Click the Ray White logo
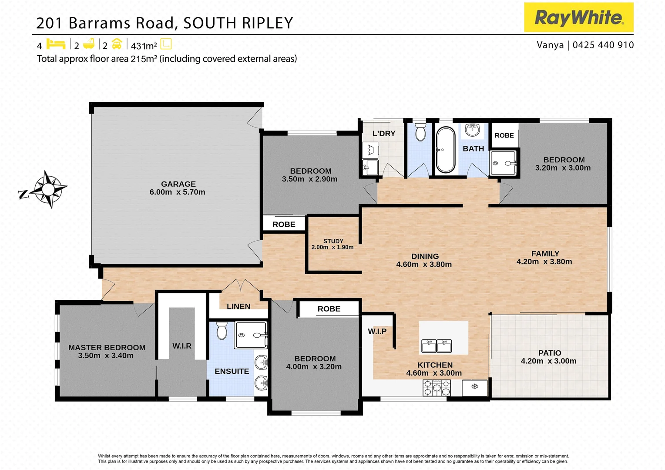[x=578, y=17]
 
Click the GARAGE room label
[x=178, y=184]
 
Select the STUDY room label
[x=333, y=241]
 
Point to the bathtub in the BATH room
[x=446, y=149]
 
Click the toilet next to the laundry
[x=420, y=132]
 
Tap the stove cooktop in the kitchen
[x=437, y=387]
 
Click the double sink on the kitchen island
[x=437, y=346]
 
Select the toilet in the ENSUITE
[x=222, y=331]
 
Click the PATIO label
[x=550, y=353]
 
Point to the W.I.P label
[x=377, y=331]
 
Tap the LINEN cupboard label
[x=238, y=306]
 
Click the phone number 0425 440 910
[x=603, y=45]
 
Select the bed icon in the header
[x=56, y=44]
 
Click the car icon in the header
[x=117, y=44]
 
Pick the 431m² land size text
[x=144, y=46]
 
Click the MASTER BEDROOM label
[x=107, y=347]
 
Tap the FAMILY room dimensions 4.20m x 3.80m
[x=544, y=262]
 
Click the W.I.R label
[x=182, y=346]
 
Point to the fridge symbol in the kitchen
[x=475, y=386]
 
